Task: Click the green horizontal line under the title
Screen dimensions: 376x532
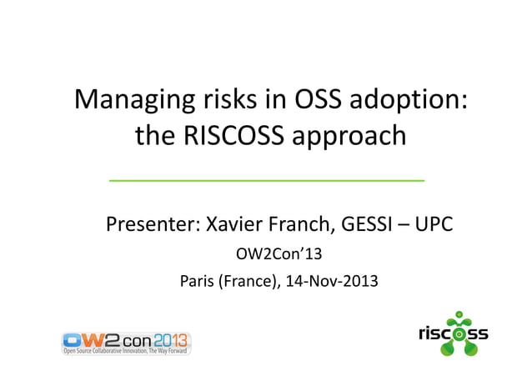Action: (266, 179)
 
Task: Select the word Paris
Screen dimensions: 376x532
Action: (198, 281)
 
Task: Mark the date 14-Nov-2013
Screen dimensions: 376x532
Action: (332, 281)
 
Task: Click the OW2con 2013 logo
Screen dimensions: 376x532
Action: (126, 343)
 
